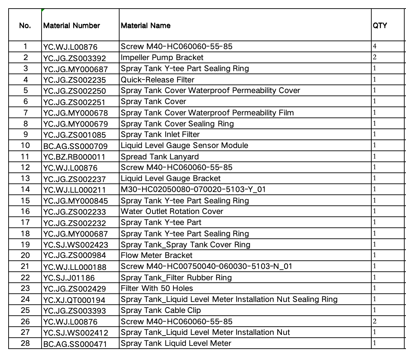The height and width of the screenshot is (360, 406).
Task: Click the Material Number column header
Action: click(x=72, y=26)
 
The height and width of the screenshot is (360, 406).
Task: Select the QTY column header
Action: click(x=380, y=26)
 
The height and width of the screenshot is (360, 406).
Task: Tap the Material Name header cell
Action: click(x=146, y=26)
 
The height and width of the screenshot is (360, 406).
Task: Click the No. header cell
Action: click(x=25, y=26)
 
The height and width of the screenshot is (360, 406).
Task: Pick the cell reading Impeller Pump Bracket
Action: click(x=162, y=58)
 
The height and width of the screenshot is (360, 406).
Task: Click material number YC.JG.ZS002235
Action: click(x=75, y=80)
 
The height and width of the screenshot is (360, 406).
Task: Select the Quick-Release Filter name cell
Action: click(x=158, y=80)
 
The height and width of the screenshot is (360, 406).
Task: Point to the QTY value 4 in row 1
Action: click(x=375, y=46)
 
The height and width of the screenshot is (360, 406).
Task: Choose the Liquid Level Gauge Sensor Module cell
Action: click(x=184, y=145)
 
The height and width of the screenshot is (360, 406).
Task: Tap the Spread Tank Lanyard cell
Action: click(x=160, y=157)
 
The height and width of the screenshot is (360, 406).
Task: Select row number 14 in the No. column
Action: click(x=25, y=189)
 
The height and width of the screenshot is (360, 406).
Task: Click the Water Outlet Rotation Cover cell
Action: click(x=172, y=211)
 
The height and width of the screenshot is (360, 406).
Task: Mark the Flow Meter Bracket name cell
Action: click(x=157, y=255)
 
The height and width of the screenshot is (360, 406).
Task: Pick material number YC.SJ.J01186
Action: click(x=69, y=278)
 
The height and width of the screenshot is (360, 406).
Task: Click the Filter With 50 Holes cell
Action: click(x=157, y=288)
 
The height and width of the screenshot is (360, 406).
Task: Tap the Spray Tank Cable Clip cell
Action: click(x=161, y=310)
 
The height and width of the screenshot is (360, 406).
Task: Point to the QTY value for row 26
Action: click(x=375, y=322)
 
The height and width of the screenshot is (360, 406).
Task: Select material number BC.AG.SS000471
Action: click(x=75, y=344)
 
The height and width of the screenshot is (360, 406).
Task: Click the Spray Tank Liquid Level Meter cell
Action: click(x=176, y=343)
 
